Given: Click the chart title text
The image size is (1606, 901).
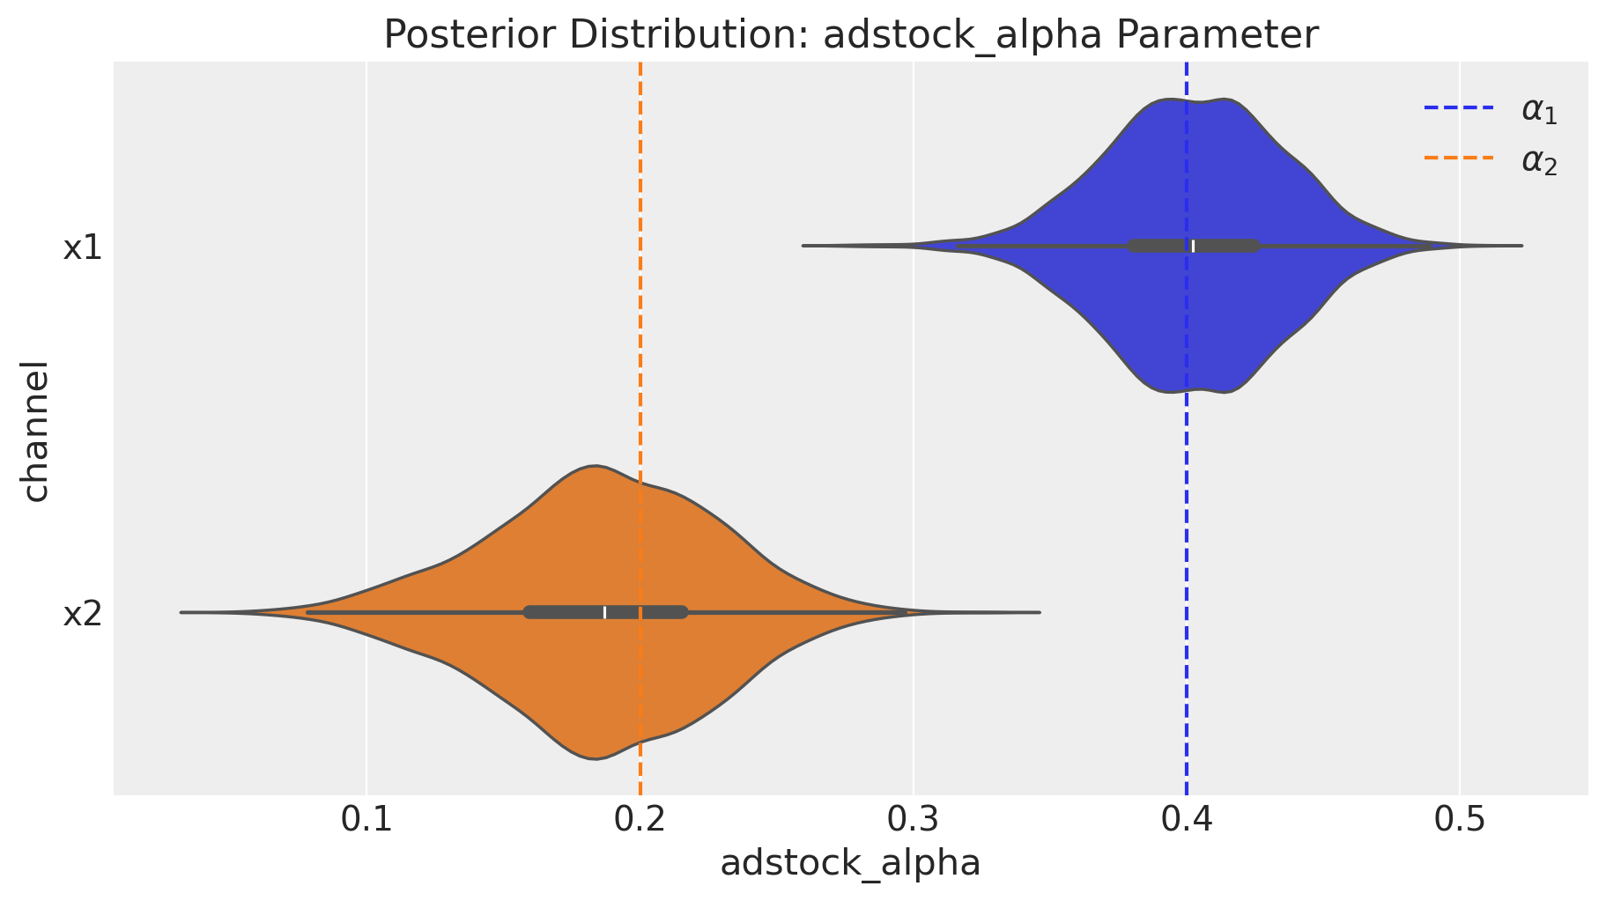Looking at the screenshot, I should (851, 35).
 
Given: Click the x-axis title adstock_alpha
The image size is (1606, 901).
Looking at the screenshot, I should (850, 863).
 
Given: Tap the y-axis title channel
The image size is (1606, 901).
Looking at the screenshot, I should (35, 430).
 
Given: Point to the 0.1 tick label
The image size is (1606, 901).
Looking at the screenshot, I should (366, 821).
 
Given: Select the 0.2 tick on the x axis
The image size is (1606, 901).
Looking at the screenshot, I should (640, 821).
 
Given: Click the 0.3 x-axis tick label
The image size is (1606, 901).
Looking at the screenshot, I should (914, 821).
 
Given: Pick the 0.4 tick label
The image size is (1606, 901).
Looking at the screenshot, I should (1187, 821).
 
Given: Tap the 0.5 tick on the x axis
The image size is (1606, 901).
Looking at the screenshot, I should (1460, 821).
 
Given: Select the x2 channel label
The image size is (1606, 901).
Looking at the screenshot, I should (83, 613).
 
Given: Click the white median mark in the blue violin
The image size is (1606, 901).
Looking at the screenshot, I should (1194, 246).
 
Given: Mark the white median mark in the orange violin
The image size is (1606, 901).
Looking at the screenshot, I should (605, 612).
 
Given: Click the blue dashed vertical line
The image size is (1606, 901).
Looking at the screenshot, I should (1187, 528).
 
